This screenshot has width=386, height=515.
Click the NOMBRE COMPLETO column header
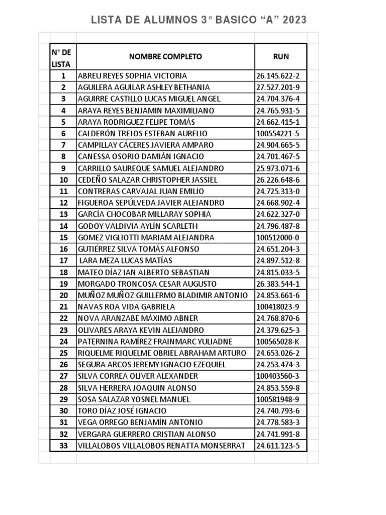click(165, 57)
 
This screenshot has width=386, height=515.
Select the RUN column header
click(281, 57)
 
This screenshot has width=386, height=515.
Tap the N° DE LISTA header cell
click(63, 58)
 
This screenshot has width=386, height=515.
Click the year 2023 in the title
click(295, 20)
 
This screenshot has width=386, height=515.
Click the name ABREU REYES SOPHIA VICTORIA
click(132, 76)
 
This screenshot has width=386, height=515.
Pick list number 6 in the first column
click(63, 134)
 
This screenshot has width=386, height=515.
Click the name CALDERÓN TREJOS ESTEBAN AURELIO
click(142, 134)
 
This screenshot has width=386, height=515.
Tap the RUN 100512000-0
click(277, 238)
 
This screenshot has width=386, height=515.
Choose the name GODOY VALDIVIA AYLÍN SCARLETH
click(138, 226)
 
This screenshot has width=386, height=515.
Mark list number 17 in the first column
click(63, 261)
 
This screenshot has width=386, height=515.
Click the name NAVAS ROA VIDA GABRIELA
click(126, 307)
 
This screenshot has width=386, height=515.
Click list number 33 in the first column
click(63, 446)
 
